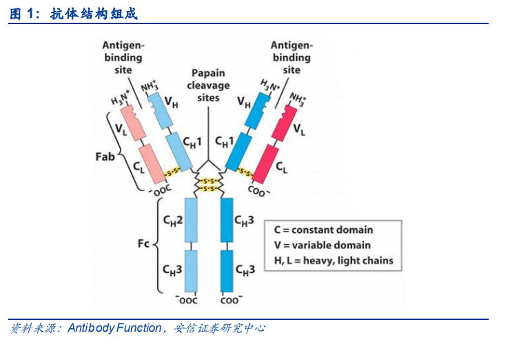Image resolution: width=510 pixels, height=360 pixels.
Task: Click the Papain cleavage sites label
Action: pyautogui.click(x=208, y=86)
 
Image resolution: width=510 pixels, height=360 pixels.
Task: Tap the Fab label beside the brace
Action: pyautogui.click(x=105, y=157)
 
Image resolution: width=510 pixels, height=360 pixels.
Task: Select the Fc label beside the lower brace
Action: pyautogui.click(x=143, y=244)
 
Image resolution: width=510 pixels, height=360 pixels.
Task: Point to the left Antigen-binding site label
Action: pyautogui.click(x=123, y=58)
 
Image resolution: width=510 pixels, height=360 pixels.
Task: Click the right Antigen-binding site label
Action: pyautogui.click(x=291, y=57)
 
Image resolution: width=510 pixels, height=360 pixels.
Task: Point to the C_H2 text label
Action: pyautogui.click(x=172, y=220)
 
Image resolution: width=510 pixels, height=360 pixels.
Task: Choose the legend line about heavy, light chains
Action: pyautogui.click(x=333, y=260)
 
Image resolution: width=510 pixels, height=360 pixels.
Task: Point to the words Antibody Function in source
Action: pyautogui.click(x=114, y=328)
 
